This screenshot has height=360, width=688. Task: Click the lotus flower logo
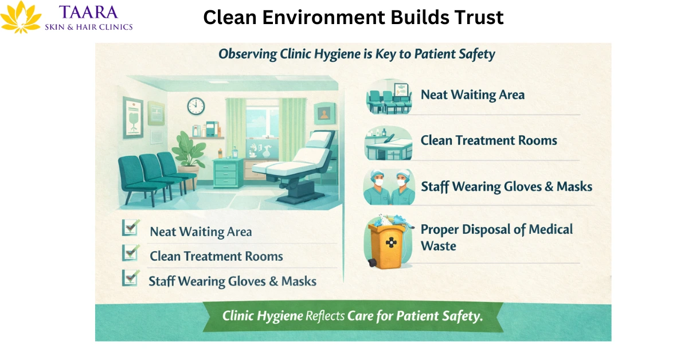tap(21, 17)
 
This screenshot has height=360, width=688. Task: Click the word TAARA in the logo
tap(88, 12)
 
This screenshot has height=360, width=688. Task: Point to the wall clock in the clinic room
tap(196, 105)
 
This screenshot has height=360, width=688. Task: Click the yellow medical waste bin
tap(385, 244)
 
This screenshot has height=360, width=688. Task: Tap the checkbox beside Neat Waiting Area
tap(130, 228)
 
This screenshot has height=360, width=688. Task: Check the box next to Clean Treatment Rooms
tap(130, 253)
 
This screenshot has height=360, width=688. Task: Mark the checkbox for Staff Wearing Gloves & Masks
tap(130, 278)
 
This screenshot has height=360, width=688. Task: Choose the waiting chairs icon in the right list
tap(389, 96)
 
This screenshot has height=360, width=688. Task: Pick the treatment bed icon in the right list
tap(388, 143)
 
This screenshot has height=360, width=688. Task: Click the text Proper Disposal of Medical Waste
tap(496, 237)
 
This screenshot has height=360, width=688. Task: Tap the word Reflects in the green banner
tap(325, 316)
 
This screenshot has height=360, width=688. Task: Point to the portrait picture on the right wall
tap(325, 114)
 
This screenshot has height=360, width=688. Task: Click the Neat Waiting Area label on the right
tap(472, 95)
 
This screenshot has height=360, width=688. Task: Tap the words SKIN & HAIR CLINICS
tap(89, 26)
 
